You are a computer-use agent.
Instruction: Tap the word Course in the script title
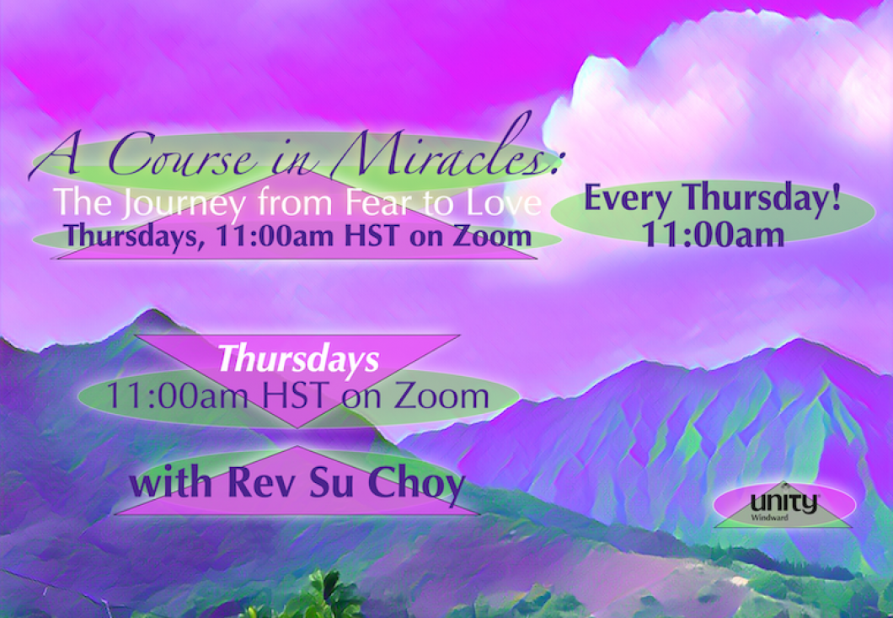(x=182, y=155)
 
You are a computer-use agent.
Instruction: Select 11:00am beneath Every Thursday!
(x=714, y=234)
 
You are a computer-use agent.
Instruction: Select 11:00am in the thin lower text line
(x=177, y=395)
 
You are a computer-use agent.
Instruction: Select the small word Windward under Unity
(x=770, y=518)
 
